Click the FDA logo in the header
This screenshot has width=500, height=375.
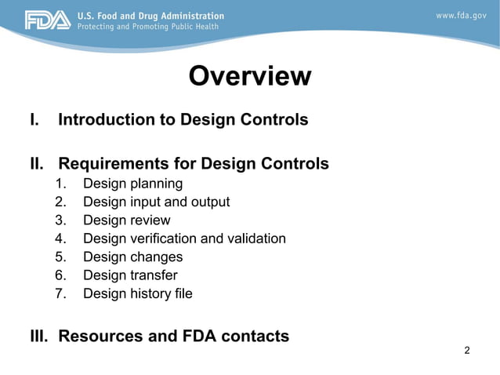(x=48, y=20)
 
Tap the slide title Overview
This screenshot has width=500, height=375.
(x=250, y=76)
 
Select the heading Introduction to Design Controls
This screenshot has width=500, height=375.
(x=183, y=120)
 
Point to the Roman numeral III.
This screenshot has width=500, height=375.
(x=40, y=337)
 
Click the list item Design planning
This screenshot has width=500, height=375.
(x=132, y=184)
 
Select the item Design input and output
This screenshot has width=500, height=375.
(x=156, y=202)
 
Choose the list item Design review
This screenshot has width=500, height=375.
(x=126, y=220)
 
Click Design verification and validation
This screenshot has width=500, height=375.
(x=184, y=238)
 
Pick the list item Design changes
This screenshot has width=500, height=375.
(x=132, y=257)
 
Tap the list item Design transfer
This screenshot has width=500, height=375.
(x=130, y=275)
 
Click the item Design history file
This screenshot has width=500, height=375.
(x=137, y=294)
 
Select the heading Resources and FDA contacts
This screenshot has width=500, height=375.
(x=173, y=337)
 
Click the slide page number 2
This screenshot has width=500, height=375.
(x=467, y=350)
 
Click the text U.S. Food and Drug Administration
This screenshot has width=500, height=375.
(x=150, y=15)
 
